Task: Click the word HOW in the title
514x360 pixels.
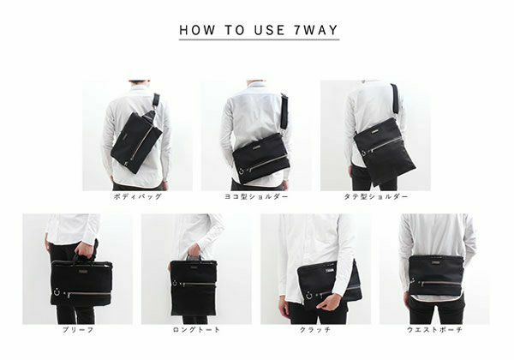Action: tap(197, 30)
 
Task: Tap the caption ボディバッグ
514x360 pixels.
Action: tap(138, 196)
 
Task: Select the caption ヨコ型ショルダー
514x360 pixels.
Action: tap(256, 196)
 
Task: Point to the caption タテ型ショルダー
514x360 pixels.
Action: tap(376, 196)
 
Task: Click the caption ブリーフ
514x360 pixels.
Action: tap(78, 329)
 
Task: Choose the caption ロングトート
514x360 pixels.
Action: tap(196, 329)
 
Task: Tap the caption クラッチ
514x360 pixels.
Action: tap(315, 329)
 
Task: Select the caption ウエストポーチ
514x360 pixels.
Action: tap(434, 329)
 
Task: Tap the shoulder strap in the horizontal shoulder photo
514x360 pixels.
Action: tap(284, 111)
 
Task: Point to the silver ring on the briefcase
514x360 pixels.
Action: tap(57, 291)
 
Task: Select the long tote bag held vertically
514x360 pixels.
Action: tap(194, 287)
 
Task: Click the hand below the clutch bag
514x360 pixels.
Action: tap(329, 302)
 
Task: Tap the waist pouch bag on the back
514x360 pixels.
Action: tap(436, 275)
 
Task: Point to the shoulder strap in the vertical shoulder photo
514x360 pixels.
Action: tap(395, 99)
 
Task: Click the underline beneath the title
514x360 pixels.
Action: tap(259, 39)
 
